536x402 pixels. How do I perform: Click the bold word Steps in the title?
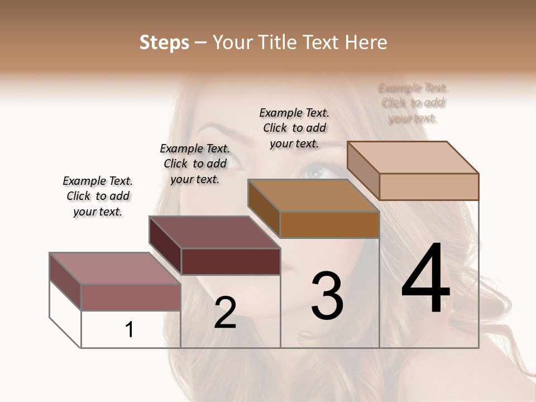pyautogui.click(x=164, y=42)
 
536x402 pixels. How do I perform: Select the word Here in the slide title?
pyautogui.click(x=367, y=42)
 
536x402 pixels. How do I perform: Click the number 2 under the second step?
pyautogui.click(x=225, y=313)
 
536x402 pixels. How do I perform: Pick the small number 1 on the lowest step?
pyautogui.click(x=130, y=329)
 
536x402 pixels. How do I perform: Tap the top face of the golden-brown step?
pyautogui.click(x=313, y=195)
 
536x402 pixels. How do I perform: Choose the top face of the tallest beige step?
pyautogui.click(x=413, y=157)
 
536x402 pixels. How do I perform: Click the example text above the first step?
pyautogui.click(x=98, y=196)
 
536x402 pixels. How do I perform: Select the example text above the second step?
pyautogui.click(x=195, y=164)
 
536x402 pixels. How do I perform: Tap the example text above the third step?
pyautogui.click(x=294, y=128)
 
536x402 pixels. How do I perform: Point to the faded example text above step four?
pyautogui.click(x=413, y=103)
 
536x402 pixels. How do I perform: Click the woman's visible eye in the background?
pyautogui.click(x=317, y=171)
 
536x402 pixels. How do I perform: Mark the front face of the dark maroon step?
pyautogui.click(x=231, y=261)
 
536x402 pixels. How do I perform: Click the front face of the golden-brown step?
pyautogui.click(x=329, y=224)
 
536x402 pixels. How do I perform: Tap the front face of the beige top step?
pyautogui.click(x=429, y=186)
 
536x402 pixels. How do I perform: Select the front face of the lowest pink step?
pyautogui.click(x=131, y=297)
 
